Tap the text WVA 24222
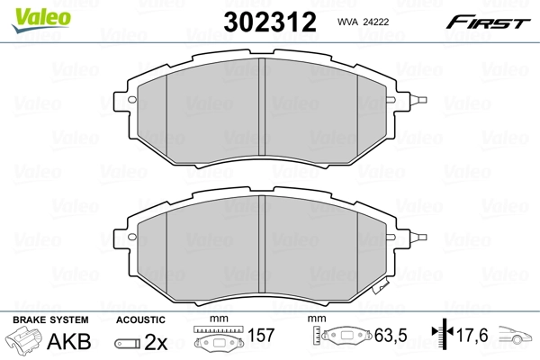362,22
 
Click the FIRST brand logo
491,21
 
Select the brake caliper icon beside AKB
25,342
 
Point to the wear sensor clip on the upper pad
417,100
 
